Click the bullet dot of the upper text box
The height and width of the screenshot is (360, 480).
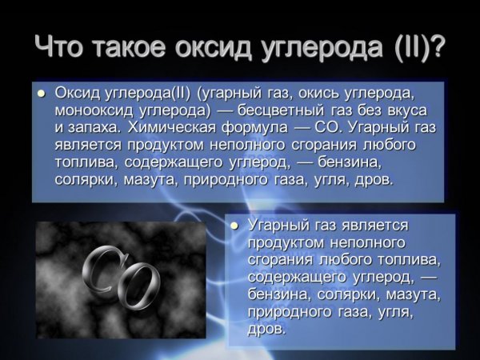point(42,93)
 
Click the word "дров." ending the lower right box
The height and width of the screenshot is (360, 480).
point(266,329)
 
